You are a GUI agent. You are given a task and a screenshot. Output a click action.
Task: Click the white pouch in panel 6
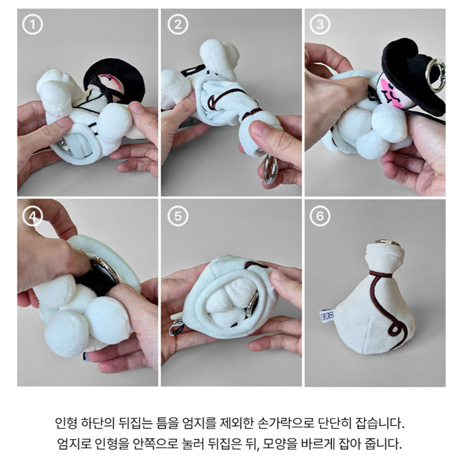point(372,309)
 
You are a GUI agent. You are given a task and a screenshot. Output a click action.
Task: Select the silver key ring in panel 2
point(269,170)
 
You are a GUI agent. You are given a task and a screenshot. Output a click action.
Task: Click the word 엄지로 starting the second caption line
point(74,444)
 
